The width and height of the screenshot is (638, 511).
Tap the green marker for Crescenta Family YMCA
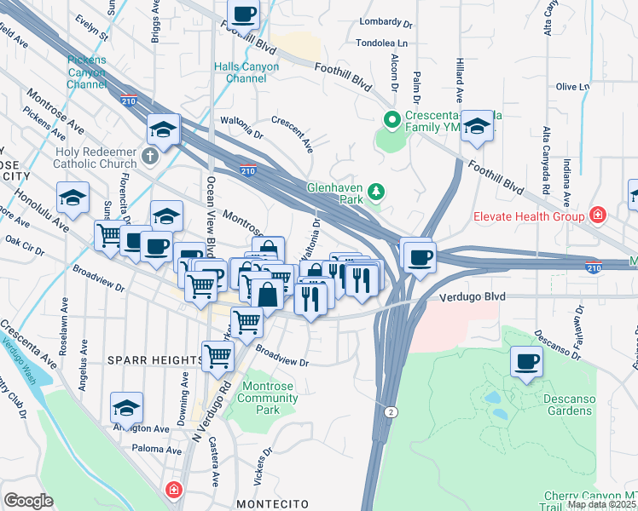[392, 120]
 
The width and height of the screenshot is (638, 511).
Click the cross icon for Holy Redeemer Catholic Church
[149, 156]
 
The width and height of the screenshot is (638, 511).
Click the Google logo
[27, 501]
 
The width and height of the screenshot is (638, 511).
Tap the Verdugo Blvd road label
[473, 297]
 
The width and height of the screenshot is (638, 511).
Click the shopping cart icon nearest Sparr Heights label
[217, 357]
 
